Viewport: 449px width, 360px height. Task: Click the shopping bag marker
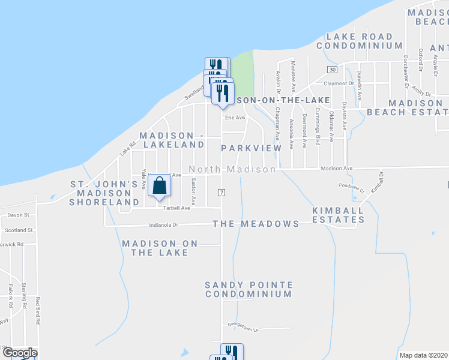tap(159, 187)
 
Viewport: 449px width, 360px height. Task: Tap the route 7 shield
tap(221, 191)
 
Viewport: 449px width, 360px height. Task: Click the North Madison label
tap(232, 170)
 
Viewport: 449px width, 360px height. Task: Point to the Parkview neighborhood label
tap(251, 148)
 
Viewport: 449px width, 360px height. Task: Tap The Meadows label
tap(256, 224)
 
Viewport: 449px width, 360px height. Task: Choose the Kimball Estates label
tap(338, 215)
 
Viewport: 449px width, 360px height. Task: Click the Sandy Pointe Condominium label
tap(249, 289)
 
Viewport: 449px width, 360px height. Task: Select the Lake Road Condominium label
tap(360, 41)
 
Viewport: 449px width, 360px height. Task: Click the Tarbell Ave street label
tap(177, 208)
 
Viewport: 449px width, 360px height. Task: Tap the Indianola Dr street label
tap(164, 226)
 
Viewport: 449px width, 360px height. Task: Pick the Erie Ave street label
tap(235, 118)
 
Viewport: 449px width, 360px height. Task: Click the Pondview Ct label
tap(352, 185)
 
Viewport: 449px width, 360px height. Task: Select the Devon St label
tap(19, 214)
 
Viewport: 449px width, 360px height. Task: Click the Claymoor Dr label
tap(339, 83)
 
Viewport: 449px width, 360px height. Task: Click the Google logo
tap(19, 353)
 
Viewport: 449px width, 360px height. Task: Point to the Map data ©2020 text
tap(423, 355)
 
